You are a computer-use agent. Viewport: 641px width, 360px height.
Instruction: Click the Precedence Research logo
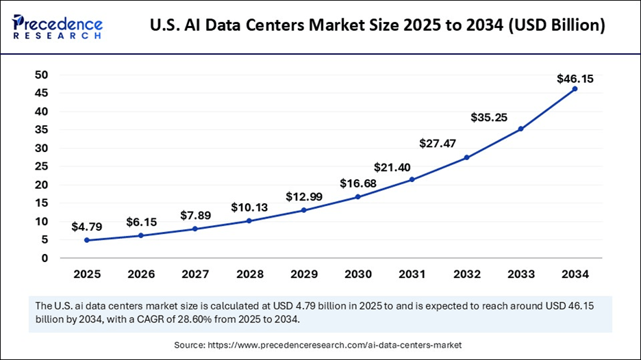pos(58,26)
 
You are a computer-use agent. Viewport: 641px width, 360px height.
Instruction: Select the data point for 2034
pos(575,89)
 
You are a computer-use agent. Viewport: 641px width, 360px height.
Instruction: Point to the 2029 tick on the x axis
pos(303,274)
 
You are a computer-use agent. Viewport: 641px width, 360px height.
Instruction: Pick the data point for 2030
pos(357,197)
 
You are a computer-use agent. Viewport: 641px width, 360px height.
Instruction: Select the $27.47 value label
pos(440,143)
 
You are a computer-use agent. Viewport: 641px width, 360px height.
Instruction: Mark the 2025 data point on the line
pos(87,240)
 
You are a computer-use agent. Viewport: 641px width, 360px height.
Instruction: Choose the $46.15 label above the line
pos(575,79)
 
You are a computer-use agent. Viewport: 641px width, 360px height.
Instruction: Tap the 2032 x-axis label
pos(466,274)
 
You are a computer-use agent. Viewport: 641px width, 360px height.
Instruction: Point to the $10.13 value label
pos(249,207)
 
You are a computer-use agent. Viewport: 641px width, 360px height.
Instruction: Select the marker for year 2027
pos(195,229)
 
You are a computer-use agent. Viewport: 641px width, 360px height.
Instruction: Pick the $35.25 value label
pos(489,117)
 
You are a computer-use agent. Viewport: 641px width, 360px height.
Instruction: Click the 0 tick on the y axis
pos(45,258)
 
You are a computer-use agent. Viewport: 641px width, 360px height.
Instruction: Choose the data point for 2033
pos(520,129)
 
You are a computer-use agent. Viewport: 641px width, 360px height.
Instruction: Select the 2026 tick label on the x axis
pos(141,274)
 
